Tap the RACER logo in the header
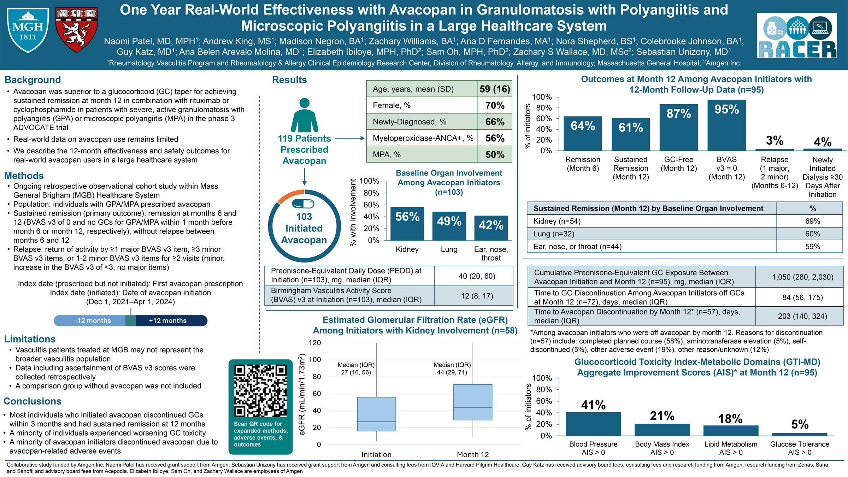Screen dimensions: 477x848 796,36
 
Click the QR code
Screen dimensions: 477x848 260,391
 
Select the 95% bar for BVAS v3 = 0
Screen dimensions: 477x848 726,125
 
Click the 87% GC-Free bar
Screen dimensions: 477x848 678,128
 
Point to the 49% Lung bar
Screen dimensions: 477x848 449,226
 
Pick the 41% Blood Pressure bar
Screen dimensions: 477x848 593,424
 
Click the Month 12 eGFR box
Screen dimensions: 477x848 472,402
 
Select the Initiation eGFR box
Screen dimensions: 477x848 376,414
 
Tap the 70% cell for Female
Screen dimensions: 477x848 495,105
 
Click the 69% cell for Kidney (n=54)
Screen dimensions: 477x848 812,221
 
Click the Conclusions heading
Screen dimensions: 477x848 33,401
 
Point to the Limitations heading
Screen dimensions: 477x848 30,339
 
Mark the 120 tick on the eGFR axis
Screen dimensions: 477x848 314,343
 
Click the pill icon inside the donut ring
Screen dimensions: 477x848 303,204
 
